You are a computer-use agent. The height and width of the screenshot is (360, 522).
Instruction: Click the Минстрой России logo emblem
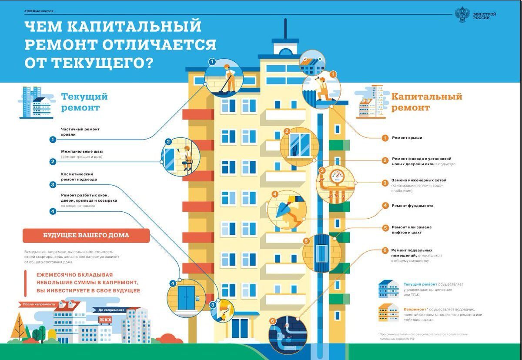tap(462, 15)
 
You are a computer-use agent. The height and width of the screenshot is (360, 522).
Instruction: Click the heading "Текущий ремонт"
tap(84, 102)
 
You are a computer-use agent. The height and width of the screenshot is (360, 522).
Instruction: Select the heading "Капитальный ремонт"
tap(426, 102)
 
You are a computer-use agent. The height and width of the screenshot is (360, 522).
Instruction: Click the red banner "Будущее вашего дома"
tap(86, 236)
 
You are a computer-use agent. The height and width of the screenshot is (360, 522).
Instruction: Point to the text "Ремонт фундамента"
tap(412, 206)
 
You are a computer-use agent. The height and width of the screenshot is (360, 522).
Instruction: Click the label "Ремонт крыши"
tap(407, 138)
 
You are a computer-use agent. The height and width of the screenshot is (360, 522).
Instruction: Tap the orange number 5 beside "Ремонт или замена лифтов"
tap(385, 228)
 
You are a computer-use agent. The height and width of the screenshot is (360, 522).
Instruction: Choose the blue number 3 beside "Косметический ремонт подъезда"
tap(53, 184)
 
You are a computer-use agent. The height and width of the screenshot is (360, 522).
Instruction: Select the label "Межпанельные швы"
tap(80, 151)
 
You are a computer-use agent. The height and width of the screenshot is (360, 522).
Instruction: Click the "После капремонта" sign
tap(39, 304)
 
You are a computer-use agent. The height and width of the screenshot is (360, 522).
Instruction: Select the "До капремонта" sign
tap(111, 310)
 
